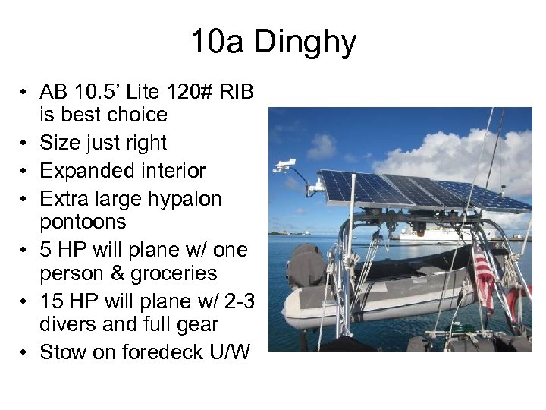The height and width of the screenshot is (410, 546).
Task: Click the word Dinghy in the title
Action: pos(304,43)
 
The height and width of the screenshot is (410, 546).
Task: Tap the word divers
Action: pos(64,325)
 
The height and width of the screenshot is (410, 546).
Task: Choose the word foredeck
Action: pos(145,352)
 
